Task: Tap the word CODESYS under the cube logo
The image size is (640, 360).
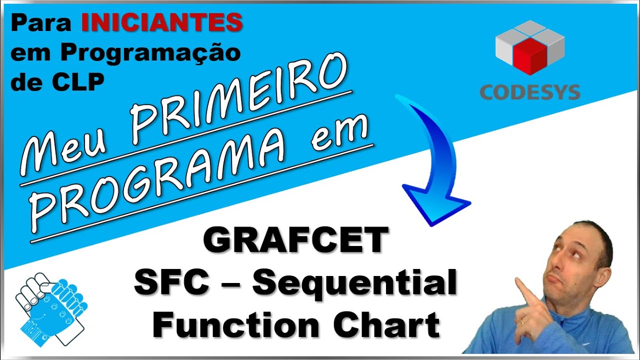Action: (x=530, y=92)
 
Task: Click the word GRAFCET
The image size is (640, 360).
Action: (x=295, y=240)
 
